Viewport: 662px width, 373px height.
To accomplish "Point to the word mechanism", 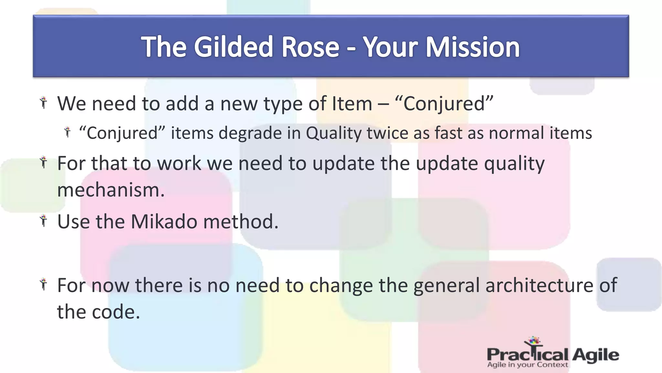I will (x=111, y=190).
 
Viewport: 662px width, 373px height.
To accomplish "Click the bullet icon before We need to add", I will (x=44, y=103).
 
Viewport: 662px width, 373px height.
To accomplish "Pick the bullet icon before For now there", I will (x=44, y=284).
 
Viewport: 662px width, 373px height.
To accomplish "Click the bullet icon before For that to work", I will (x=44, y=162).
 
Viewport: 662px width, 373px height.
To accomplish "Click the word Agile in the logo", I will (x=595, y=355).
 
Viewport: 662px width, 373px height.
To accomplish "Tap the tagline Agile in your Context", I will (x=527, y=365).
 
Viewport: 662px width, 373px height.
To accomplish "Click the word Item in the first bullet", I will (x=352, y=104).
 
